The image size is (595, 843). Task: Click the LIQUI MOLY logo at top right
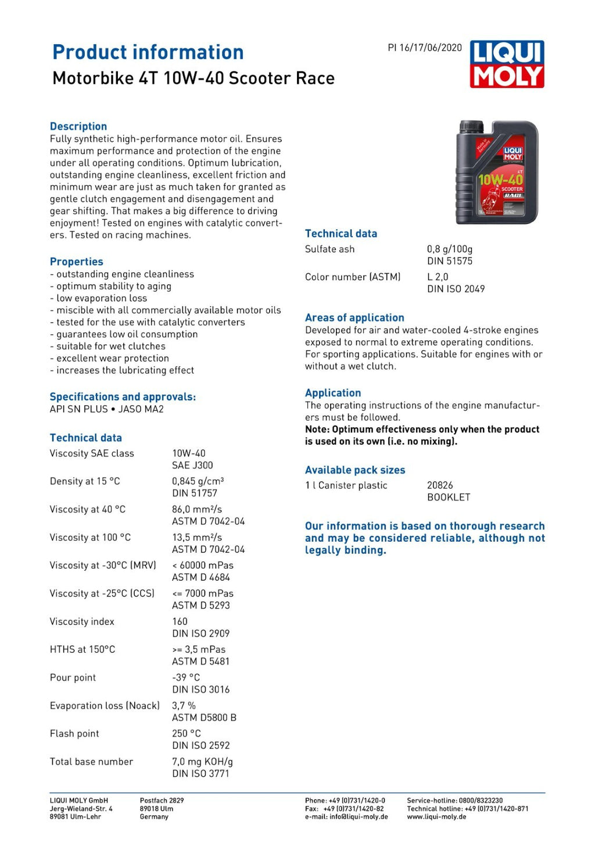[x=507, y=64]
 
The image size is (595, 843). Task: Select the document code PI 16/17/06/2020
[x=425, y=48]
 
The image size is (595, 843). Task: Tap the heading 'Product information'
[x=148, y=52]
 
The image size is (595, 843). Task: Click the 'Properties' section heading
[x=76, y=262]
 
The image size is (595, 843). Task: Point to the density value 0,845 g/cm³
[x=198, y=481]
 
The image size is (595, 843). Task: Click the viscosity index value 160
[x=180, y=621]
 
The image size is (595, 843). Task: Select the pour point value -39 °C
[x=185, y=678]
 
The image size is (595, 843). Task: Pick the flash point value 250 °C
[x=186, y=734]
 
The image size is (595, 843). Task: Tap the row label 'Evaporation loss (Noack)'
[x=105, y=706]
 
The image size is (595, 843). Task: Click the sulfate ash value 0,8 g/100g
[x=449, y=249]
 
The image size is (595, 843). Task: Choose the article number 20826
[x=440, y=485]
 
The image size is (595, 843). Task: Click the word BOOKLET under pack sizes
[x=449, y=498]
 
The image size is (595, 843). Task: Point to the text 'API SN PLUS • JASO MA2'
[x=106, y=409]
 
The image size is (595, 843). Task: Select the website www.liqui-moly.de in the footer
[x=436, y=817]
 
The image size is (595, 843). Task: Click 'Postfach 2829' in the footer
[x=162, y=801]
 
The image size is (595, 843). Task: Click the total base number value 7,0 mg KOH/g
[x=202, y=762]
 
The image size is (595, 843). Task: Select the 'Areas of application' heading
[x=354, y=318]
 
